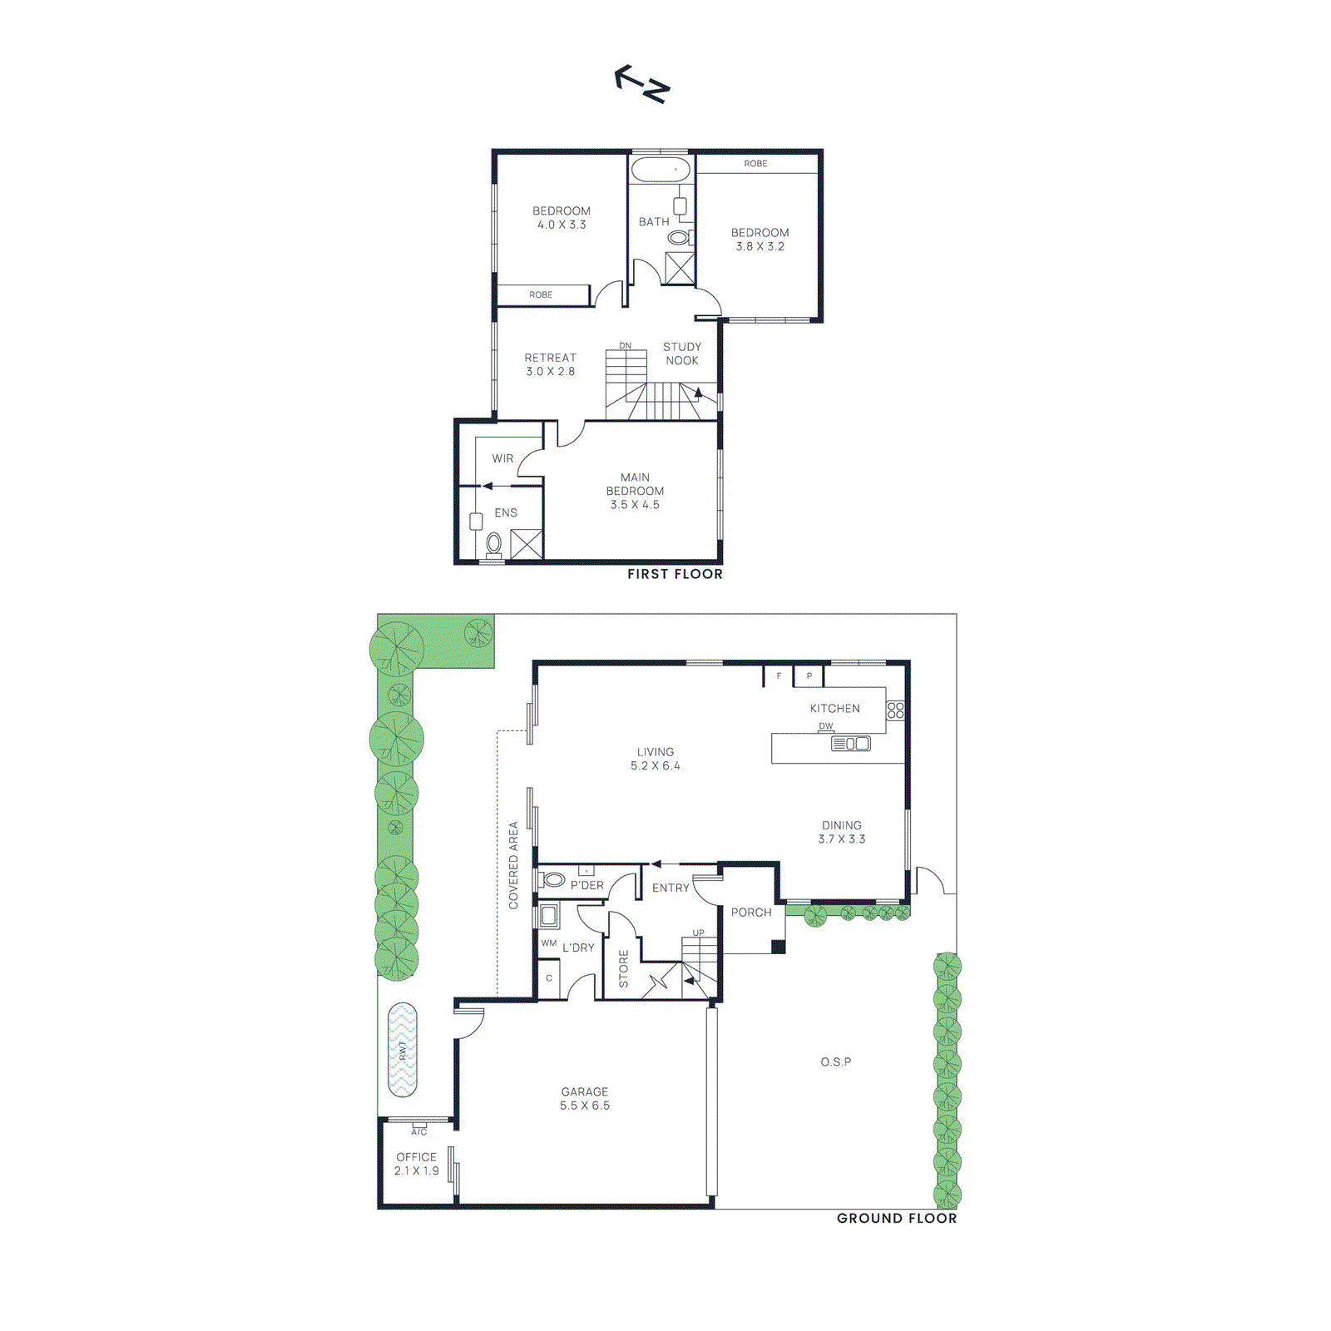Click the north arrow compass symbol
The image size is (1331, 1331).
tap(642, 83)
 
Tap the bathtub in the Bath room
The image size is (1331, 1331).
tap(661, 170)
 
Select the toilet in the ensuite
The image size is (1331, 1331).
tap(494, 544)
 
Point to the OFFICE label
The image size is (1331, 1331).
tap(416, 1157)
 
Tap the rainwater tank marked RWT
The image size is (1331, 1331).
tap(403, 1050)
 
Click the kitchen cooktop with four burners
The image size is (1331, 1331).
tap(895, 710)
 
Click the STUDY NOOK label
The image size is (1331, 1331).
tap(682, 354)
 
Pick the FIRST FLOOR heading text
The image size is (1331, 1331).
tap(675, 574)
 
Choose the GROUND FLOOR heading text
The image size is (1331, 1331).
tap(897, 1219)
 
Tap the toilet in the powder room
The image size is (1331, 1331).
tap(553, 879)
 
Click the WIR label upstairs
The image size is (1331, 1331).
tap(502, 458)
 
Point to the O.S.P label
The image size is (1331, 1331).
tap(836, 1062)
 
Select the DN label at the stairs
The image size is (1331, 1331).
tap(625, 346)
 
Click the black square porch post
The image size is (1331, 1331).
tap(778, 947)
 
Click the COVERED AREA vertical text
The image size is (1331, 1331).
tap(513, 865)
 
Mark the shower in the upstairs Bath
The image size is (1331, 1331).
tap(680, 268)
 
